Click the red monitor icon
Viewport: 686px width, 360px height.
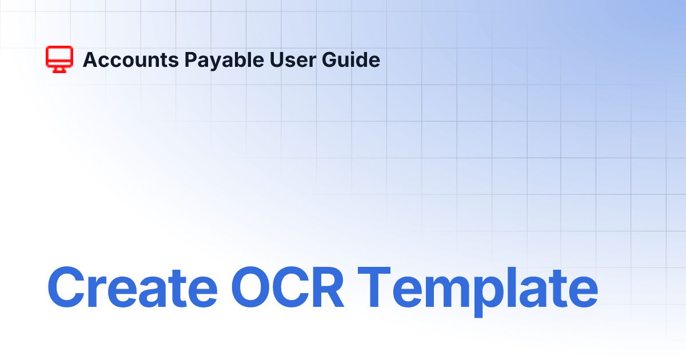point(59,59)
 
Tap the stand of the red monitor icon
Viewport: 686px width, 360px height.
point(59,70)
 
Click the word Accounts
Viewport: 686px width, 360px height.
point(131,59)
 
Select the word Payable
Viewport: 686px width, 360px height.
point(224,61)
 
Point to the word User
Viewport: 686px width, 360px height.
point(293,59)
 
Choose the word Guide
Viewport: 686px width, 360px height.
point(351,59)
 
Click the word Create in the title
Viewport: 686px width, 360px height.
point(133,287)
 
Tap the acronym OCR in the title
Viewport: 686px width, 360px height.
point(288,287)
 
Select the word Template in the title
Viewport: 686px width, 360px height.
point(478,291)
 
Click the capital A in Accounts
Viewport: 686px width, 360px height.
point(92,59)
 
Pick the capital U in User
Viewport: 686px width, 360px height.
point(277,59)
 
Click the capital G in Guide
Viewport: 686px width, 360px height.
point(329,59)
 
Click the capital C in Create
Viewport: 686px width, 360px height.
point(66,287)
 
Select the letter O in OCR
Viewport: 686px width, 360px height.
point(251,287)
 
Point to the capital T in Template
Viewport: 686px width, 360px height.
point(374,287)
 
